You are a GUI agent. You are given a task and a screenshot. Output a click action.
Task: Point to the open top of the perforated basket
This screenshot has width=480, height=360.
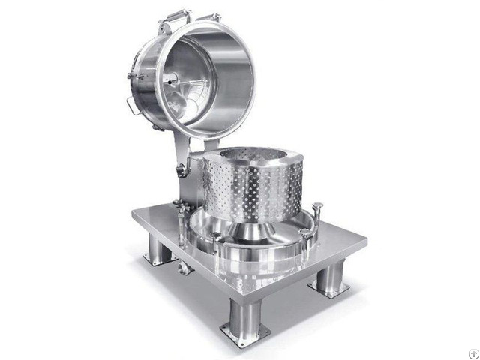(x=255, y=157)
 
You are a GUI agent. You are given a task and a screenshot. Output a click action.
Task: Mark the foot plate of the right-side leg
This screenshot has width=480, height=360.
(x=328, y=289)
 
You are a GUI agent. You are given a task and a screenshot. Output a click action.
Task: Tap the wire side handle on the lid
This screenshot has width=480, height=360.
(x=133, y=105)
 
